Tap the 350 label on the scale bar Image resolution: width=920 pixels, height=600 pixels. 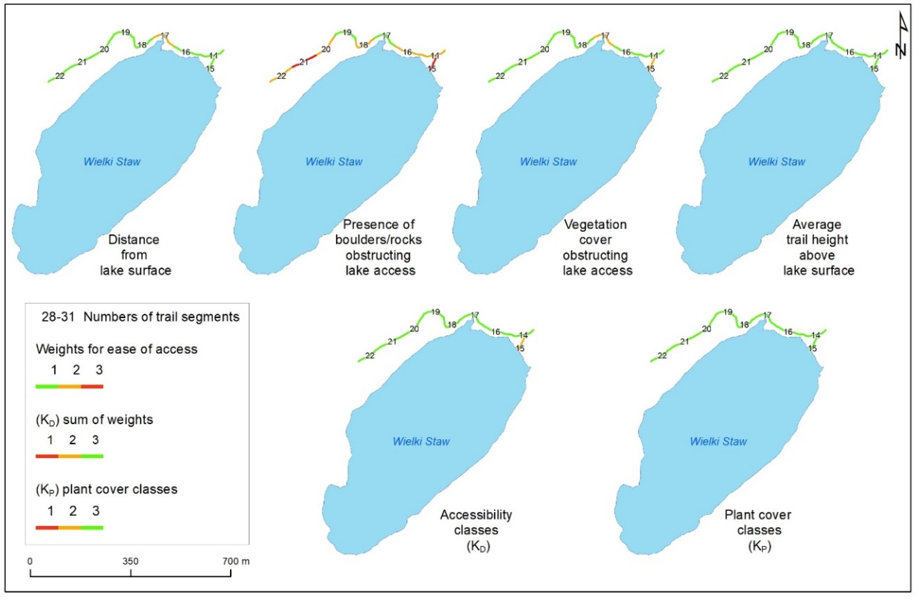(130, 561)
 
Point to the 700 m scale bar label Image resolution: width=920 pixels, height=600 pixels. (236, 561)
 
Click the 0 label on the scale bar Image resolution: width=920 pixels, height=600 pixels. (30, 561)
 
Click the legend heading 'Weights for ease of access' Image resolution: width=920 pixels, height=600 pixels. (116, 349)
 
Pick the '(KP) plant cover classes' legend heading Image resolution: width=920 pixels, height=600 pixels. (106, 489)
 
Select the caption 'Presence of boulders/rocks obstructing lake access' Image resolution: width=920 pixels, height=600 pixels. (379, 247)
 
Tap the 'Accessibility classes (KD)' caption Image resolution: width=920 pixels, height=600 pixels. (476, 530)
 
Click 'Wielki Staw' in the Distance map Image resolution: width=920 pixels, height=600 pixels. (112, 161)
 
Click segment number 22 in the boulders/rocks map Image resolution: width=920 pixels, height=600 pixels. (281, 76)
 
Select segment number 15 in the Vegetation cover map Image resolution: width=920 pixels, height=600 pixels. (651, 69)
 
